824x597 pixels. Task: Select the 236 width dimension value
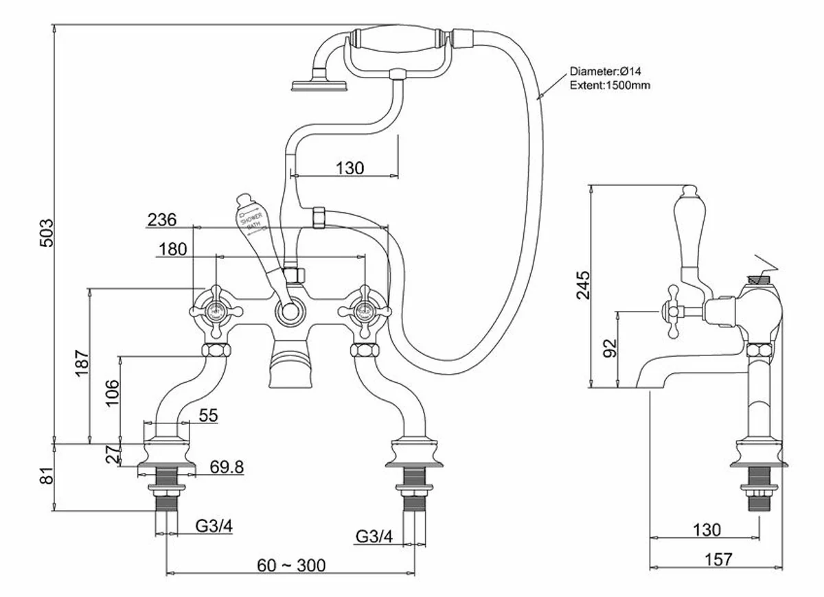pos(162,220)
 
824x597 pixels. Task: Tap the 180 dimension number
pos(172,249)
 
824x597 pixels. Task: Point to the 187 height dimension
pos(81,362)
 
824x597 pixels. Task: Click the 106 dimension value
pos(113,394)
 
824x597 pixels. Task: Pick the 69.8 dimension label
pos(226,467)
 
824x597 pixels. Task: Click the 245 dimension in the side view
pos(582,285)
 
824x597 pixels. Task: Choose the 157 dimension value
pos(718,559)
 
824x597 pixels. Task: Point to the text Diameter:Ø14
pos(605,71)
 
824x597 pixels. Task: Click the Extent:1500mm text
pos(610,86)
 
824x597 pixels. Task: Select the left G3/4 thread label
pos(214,526)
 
